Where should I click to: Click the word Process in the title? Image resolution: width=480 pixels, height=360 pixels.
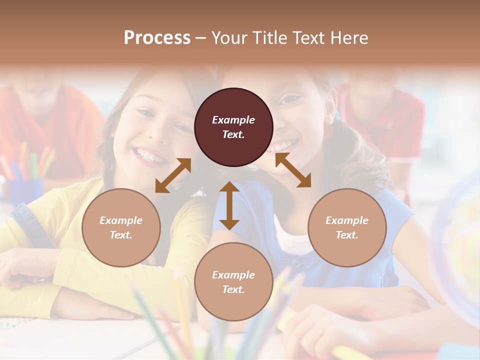click(x=157, y=38)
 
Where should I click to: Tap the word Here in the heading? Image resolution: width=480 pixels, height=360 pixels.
click(x=348, y=38)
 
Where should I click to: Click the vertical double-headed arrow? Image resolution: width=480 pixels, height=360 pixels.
click(x=229, y=205)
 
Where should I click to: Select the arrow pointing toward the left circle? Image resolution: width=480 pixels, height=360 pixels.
click(x=173, y=175)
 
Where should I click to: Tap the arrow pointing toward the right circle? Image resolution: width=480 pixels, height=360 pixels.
click(x=293, y=170)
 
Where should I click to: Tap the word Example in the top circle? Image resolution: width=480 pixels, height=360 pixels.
click(x=233, y=120)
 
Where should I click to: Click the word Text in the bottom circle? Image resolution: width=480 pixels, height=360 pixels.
click(x=233, y=289)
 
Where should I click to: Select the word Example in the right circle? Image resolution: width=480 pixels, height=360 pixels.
click(x=347, y=220)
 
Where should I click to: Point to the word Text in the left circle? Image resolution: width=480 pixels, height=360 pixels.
click(x=121, y=235)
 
